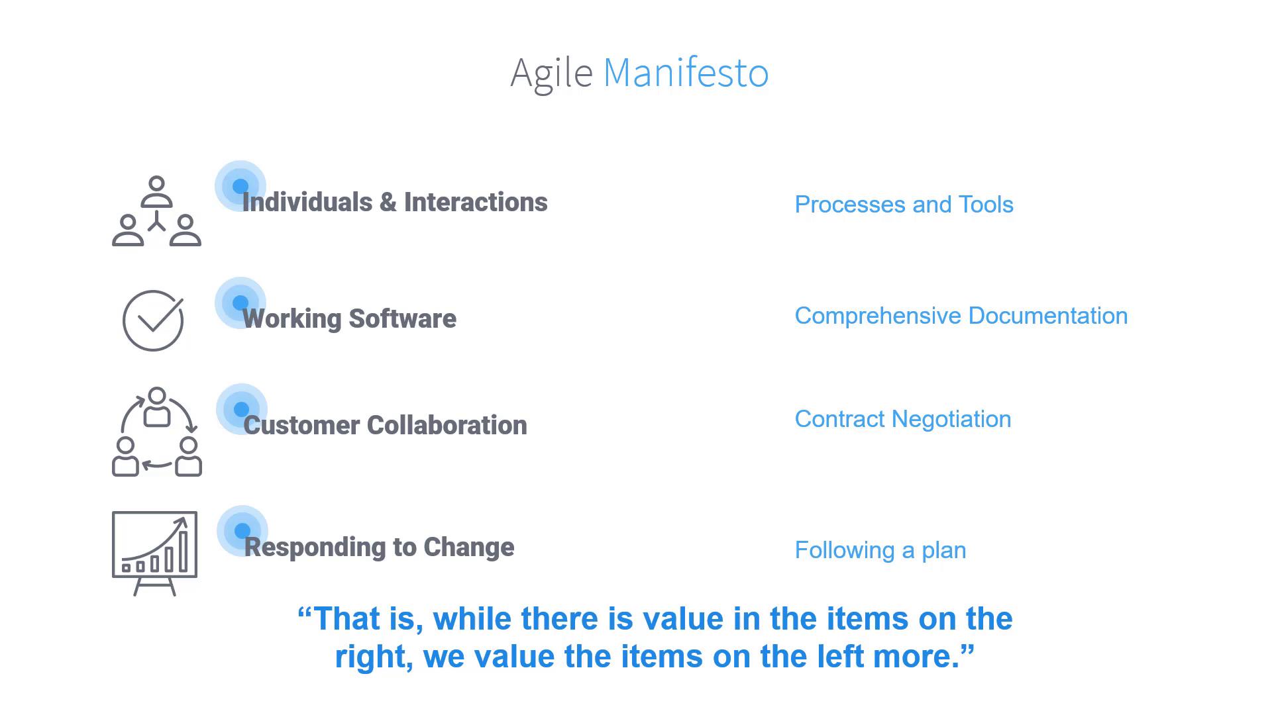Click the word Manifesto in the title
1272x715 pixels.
686,72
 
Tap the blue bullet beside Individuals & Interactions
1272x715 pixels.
240,186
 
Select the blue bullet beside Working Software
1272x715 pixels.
240,303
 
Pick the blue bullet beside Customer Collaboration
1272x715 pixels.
242,409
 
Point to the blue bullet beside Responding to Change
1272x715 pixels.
242,531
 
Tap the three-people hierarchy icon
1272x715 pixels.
156,211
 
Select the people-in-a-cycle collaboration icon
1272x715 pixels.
157,432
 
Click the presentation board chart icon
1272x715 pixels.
154,553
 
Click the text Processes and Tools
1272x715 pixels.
904,205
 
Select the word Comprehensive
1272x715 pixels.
878,316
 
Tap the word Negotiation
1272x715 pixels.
951,419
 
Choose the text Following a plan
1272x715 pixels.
880,551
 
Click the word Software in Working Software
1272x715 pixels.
403,318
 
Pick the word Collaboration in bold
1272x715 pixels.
447,425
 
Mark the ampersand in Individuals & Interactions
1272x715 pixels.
388,203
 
